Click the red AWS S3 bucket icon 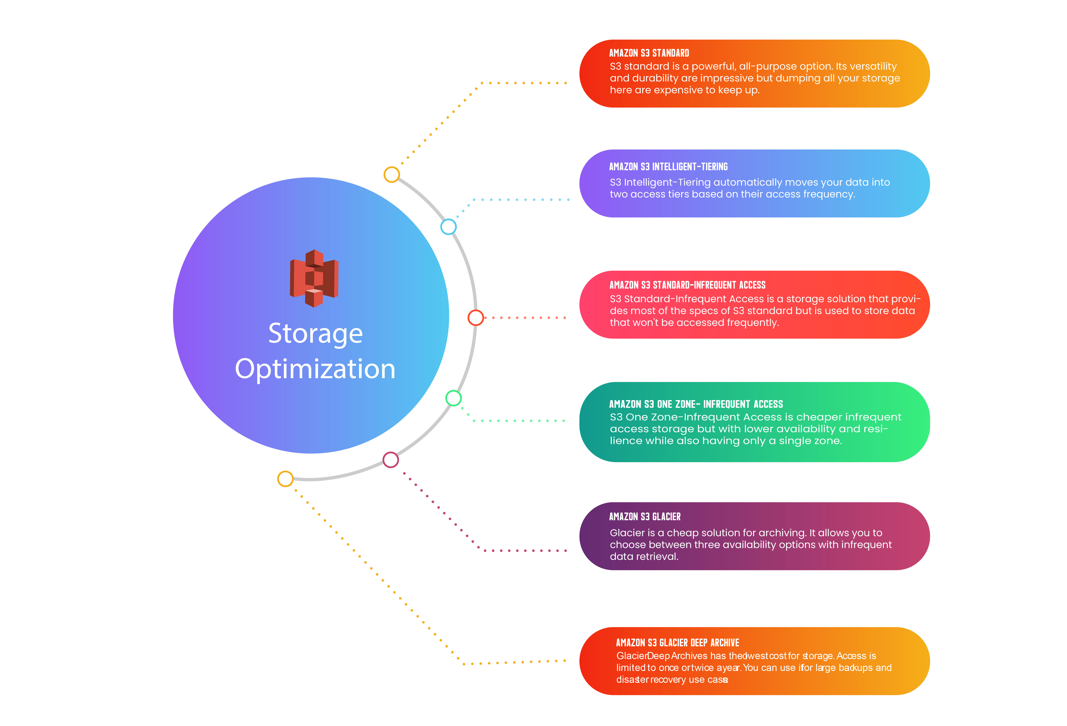[x=314, y=278]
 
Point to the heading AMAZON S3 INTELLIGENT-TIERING [x=668, y=167]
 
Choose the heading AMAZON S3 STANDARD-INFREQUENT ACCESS [x=687, y=285]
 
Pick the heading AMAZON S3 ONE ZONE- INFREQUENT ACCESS [x=696, y=404]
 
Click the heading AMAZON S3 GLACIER [x=645, y=517]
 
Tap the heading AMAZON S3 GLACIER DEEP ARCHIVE [x=677, y=642]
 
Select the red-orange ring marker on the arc [x=476, y=317]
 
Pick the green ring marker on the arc [x=454, y=398]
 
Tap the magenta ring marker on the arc [x=391, y=460]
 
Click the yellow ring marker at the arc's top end [x=392, y=175]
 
